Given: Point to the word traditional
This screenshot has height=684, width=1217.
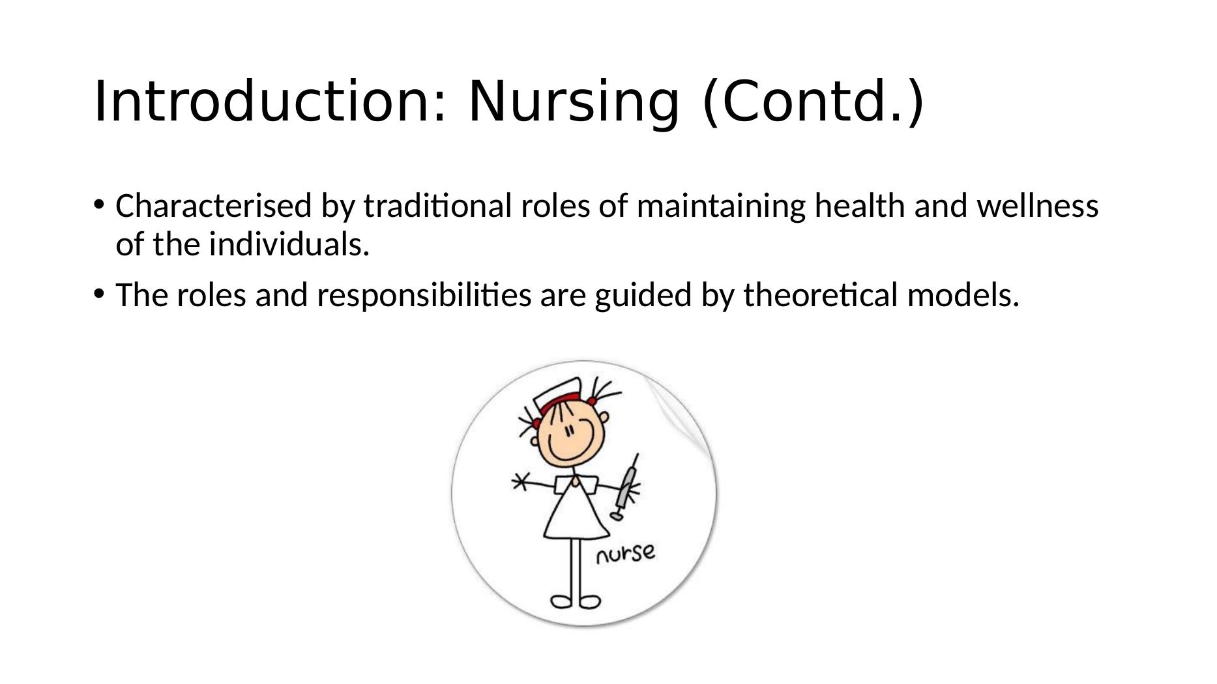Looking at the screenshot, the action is (x=438, y=207).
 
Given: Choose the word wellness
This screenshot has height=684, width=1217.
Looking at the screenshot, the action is (x=1038, y=207).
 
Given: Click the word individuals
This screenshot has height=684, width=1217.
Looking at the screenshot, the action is (x=289, y=245).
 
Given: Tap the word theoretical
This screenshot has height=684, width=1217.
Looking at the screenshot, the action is (x=821, y=295).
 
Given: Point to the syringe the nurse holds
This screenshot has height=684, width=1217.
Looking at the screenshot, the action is (x=626, y=487).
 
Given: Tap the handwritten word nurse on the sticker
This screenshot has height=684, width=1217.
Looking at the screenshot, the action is (x=625, y=553).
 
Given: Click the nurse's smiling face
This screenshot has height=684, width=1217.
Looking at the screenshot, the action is (x=571, y=436).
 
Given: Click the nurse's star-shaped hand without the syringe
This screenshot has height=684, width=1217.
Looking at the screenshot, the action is (x=520, y=482).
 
